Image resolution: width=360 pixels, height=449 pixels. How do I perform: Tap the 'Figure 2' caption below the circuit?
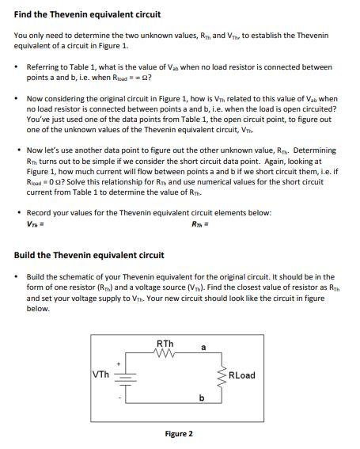[179, 433]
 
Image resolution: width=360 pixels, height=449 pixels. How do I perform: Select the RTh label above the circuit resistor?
[165, 343]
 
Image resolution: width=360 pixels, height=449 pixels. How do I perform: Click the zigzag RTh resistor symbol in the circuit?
[165, 353]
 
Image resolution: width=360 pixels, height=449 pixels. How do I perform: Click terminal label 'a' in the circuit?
[203, 347]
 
